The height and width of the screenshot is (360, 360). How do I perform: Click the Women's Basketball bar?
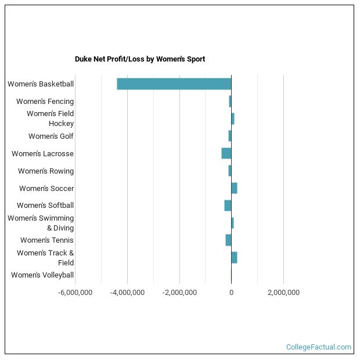[x=174, y=84]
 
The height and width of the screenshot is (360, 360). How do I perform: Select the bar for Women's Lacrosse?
[x=226, y=153]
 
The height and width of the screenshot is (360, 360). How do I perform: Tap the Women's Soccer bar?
[x=234, y=188]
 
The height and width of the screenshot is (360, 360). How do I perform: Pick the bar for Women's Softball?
[x=228, y=206]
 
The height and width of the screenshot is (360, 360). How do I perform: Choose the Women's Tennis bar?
[x=228, y=240]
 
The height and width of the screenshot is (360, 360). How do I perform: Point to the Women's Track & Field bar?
[x=234, y=257]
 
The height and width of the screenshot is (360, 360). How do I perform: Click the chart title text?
[x=139, y=59]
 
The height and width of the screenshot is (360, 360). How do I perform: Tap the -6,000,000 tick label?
[x=75, y=292]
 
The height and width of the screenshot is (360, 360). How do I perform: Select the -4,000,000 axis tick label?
[x=127, y=292]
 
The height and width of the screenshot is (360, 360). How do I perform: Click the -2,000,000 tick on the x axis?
[x=179, y=292]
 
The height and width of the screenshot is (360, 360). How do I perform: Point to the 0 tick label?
[x=231, y=292]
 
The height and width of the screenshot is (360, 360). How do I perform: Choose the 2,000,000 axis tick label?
[x=283, y=292]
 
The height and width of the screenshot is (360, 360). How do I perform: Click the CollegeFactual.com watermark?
[x=318, y=347]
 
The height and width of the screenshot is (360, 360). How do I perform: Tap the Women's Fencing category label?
[x=45, y=102]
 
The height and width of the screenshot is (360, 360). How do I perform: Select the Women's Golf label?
[x=51, y=136]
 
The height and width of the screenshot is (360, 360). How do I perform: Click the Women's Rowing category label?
[x=46, y=171]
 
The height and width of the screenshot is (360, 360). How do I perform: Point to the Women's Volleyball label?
[x=42, y=275]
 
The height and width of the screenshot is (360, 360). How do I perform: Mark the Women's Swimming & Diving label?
[x=41, y=223]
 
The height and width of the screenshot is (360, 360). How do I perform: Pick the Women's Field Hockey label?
[x=51, y=118]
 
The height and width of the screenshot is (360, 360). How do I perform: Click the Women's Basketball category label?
[x=41, y=84]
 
